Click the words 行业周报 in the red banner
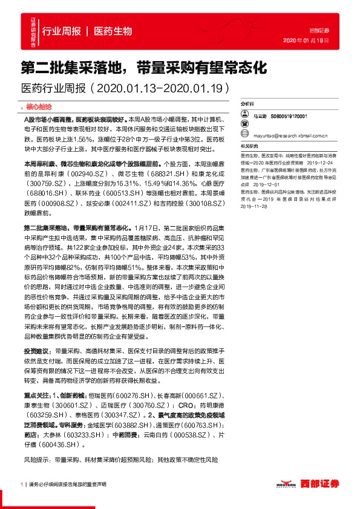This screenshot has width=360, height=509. click(x=62, y=31)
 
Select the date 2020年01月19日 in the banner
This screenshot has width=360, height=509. click(x=306, y=40)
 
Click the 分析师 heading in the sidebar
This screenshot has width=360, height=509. click(x=246, y=104)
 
